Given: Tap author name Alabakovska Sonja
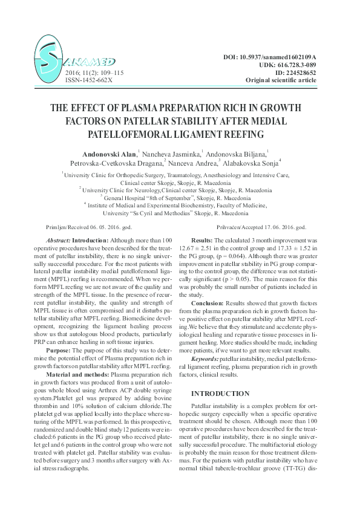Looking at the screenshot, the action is (x=263, y=163).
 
